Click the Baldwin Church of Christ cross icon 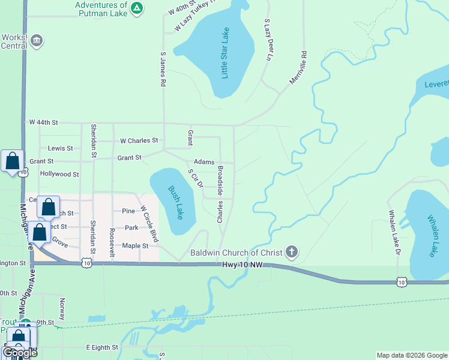point(291,252)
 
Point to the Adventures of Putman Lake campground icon point(137,8)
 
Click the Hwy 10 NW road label point(243,264)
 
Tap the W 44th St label point(43,122)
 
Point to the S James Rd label point(162,70)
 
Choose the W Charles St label point(139,141)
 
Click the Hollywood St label point(59,174)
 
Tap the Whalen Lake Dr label point(394,231)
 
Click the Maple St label point(135,246)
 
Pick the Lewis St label point(60,148)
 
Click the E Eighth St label point(102,347)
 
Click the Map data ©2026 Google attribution point(412,355)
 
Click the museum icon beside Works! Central point(37,40)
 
